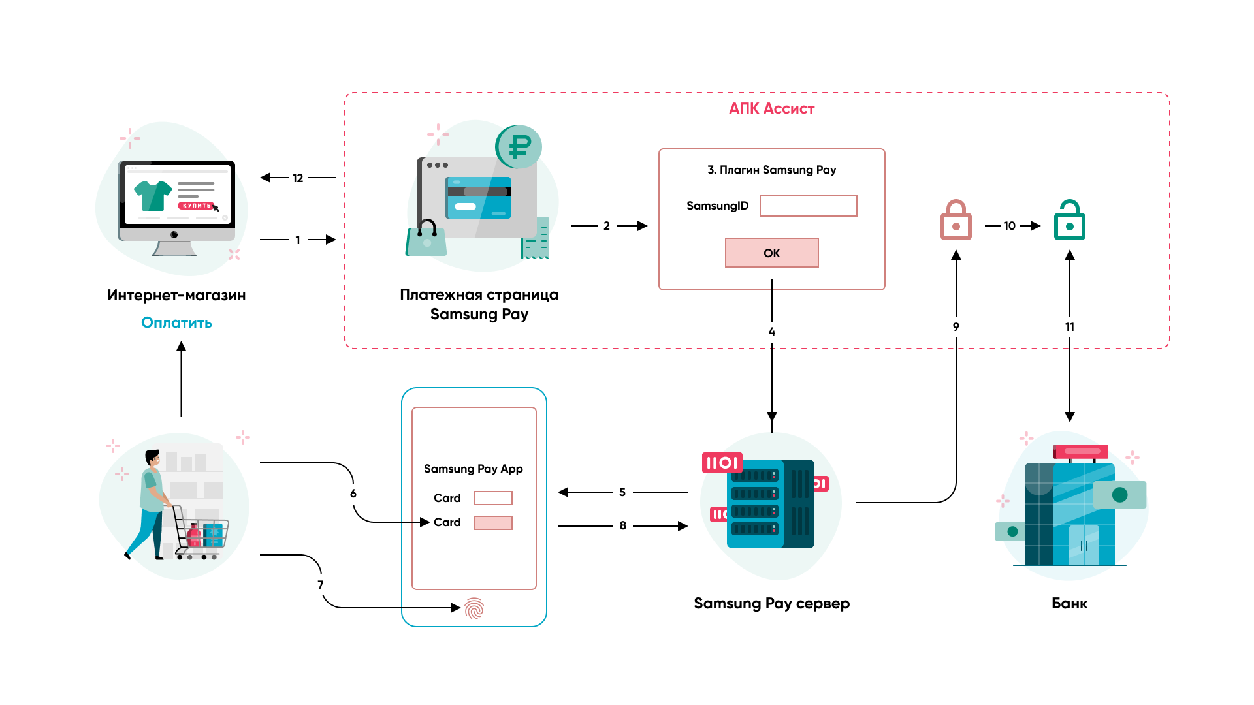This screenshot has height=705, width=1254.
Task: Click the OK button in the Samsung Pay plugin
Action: click(x=771, y=253)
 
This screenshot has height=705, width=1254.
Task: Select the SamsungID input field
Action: click(x=808, y=206)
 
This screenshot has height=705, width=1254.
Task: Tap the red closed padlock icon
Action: click(x=956, y=221)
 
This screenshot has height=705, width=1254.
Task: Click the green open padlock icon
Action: click(x=1069, y=221)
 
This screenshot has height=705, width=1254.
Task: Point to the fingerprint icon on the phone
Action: click(x=474, y=608)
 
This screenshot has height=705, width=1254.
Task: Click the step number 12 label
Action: click(x=298, y=178)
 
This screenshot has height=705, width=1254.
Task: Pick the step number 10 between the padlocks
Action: click(x=1010, y=226)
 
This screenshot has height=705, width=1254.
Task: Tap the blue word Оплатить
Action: click(x=176, y=322)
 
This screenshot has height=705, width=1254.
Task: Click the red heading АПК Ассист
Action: click(x=771, y=109)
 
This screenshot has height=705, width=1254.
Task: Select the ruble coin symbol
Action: click(x=520, y=146)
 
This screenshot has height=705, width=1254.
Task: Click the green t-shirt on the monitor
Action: click(x=152, y=195)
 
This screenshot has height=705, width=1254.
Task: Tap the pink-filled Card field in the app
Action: click(x=492, y=523)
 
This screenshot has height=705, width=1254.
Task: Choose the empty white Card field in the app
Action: click(x=492, y=498)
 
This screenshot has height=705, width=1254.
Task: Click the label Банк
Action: click(x=1069, y=603)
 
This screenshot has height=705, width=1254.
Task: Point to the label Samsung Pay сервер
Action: click(x=771, y=603)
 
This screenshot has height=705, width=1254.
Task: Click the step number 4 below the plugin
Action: click(x=772, y=332)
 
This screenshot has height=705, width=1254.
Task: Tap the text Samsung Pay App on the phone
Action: click(x=474, y=469)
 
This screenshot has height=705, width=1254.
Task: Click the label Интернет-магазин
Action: click(x=176, y=295)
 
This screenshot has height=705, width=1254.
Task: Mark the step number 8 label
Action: click(x=623, y=525)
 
